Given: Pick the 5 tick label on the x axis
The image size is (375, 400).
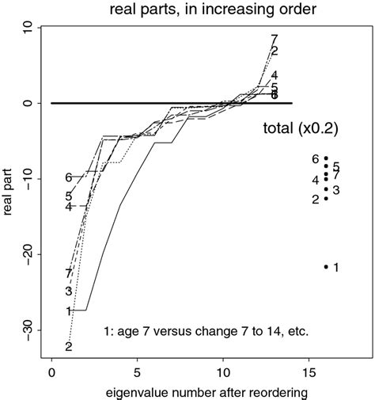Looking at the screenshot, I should (138, 370).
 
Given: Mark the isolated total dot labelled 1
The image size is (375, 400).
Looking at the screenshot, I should (326, 267).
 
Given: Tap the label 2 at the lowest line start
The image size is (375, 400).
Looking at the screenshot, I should (69, 347).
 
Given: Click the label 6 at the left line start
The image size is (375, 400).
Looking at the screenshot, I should (69, 177).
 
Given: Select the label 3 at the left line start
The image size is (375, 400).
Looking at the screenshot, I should (69, 291).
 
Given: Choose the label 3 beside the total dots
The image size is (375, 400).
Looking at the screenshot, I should (335, 190).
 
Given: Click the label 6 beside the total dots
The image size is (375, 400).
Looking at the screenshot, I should (315, 159).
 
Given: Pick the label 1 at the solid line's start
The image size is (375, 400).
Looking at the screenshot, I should (69, 311).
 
